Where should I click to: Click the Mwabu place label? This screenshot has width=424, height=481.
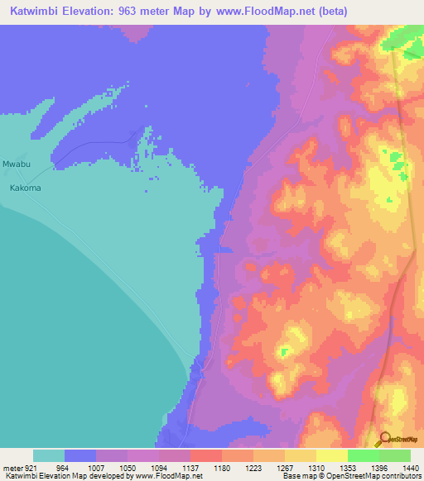coord(17,164)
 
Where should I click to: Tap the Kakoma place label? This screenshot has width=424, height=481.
coord(25,188)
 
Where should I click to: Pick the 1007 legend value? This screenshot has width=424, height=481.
coord(96,467)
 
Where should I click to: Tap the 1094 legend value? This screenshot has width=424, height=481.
coord(159,467)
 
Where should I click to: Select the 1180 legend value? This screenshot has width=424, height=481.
coord(221,467)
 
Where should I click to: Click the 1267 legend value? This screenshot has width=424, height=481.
coord(284,467)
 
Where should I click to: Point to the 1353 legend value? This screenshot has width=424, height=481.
coord(347,467)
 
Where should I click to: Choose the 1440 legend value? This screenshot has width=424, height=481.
coord(409,467)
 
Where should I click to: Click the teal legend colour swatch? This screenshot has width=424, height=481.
coord(49,455)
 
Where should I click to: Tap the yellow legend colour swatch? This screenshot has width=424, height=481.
coord(331,455)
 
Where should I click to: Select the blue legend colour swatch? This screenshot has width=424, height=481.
coord(80,455)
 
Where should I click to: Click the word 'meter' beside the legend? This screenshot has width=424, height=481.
coord(13,467)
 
